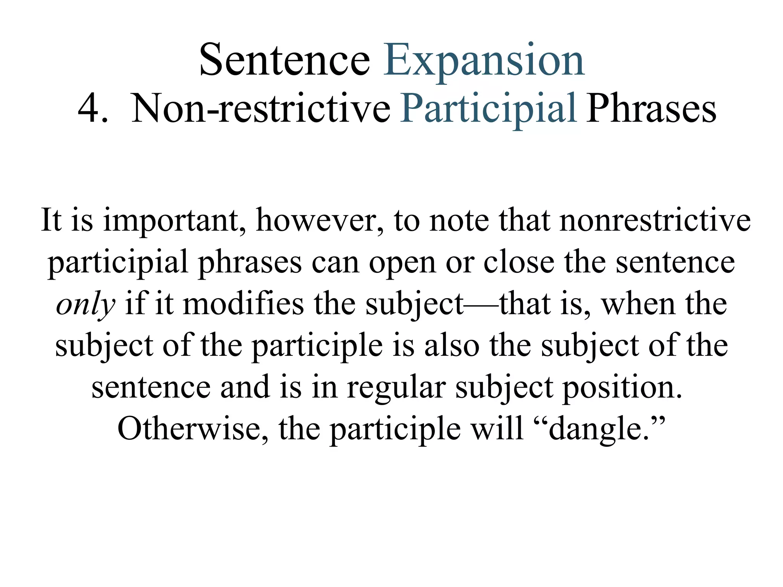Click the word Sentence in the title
coord(284,60)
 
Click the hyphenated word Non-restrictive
coord(261,109)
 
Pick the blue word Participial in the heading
coord(488,109)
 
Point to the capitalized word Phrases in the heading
coord(651,109)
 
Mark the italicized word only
coord(85,305)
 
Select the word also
coord(452,345)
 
